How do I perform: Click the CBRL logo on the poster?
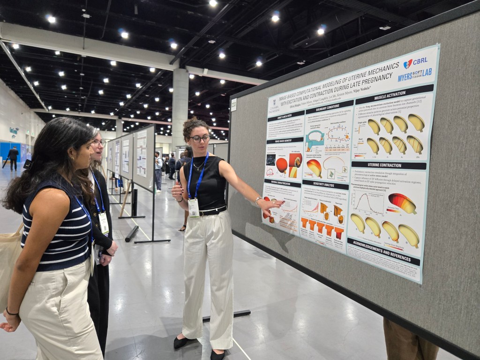(x=415, y=61)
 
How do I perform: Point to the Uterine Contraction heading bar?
(x=389, y=165)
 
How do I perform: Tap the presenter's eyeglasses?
(x=200, y=138)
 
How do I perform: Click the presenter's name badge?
(x=194, y=207)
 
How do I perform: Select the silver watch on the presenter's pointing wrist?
(x=258, y=201)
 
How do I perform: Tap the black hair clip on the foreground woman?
(x=28, y=164)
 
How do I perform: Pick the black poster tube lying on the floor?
(x=132, y=233)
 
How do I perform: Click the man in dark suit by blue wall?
(x=13, y=158)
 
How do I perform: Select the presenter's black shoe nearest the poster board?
(x=217, y=354)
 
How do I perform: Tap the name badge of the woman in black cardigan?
(x=104, y=223)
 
